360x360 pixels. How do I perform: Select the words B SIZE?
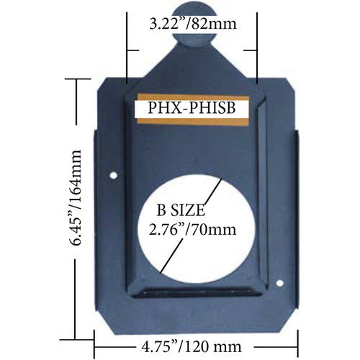pyautogui.click(x=181, y=212)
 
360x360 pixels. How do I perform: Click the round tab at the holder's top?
pyautogui.click(x=192, y=48)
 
